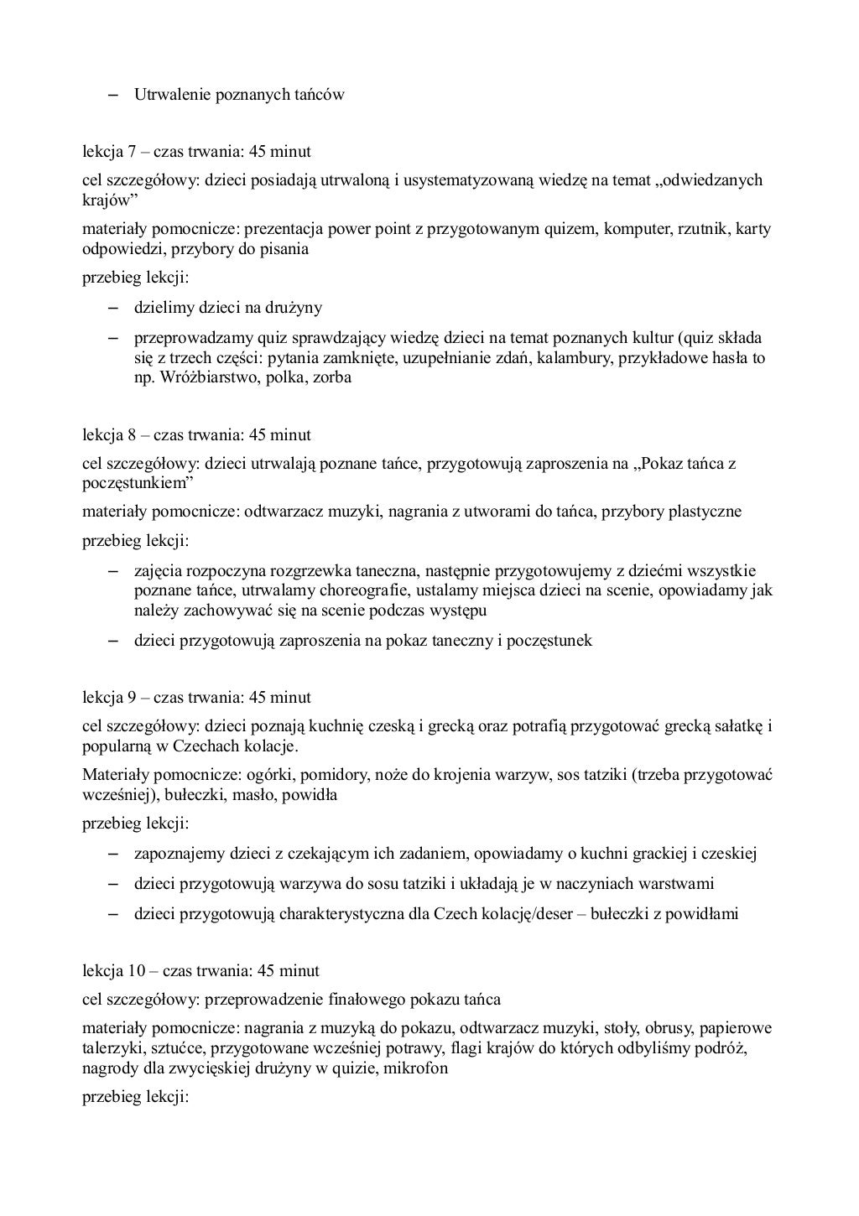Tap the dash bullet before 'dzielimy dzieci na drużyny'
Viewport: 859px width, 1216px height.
[x=112, y=308]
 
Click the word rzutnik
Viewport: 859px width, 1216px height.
[x=703, y=229]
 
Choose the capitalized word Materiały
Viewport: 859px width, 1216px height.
[x=114, y=775]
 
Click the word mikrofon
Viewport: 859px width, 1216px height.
[x=417, y=1068]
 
